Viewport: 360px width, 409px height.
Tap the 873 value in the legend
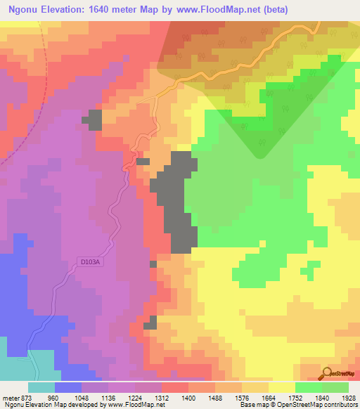[x=26, y=397]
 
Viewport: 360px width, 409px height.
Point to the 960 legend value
[x=53, y=397]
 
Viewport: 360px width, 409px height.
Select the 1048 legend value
[x=80, y=397]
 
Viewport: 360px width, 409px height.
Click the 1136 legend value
[x=107, y=397]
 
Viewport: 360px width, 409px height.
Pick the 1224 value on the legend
[x=134, y=397]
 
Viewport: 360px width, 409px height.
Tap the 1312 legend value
[x=161, y=397]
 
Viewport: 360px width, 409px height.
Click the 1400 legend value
[x=188, y=397]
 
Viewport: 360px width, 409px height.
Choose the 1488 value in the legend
[x=215, y=397]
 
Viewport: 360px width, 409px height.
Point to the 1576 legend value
[x=242, y=397]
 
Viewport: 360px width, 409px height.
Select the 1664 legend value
[x=269, y=397]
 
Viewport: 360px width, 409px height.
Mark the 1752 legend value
[x=295, y=397]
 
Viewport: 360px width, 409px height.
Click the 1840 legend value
[x=323, y=397]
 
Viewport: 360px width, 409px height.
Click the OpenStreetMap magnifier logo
[x=327, y=372]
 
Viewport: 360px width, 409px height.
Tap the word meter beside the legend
[x=10, y=397]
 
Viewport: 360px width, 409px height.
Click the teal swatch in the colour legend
[x=41, y=387]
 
